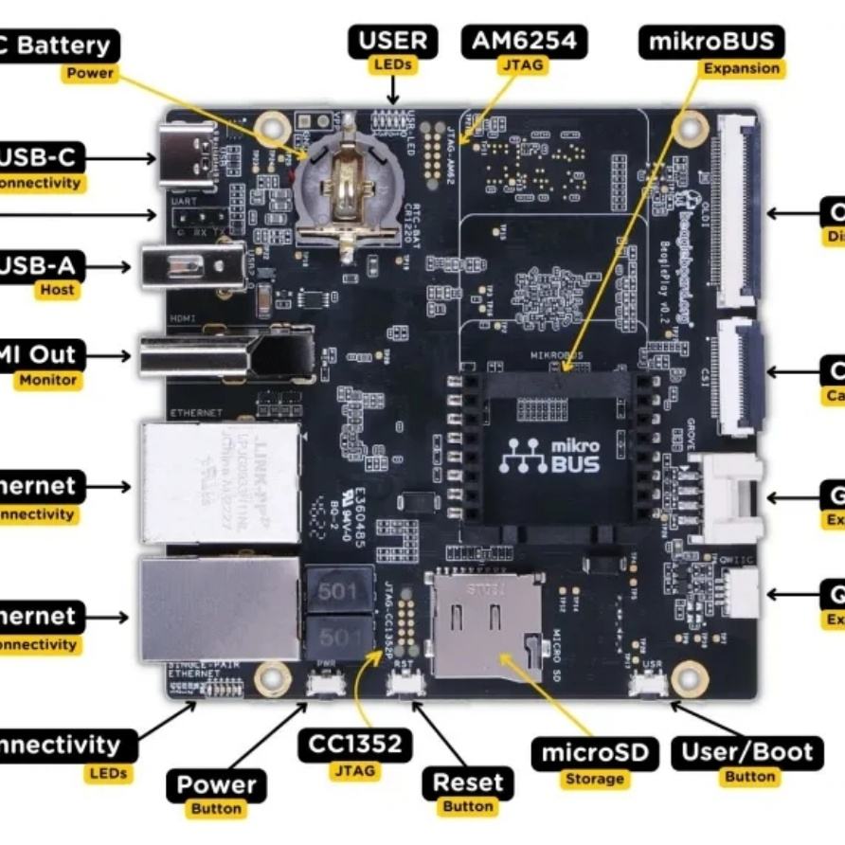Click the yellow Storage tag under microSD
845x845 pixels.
tap(595, 779)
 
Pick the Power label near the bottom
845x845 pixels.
tap(216, 785)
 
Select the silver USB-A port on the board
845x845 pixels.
tap(189, 266)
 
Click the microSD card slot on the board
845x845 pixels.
tap(486, 620)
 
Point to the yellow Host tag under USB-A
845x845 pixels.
tap(57, 290)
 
